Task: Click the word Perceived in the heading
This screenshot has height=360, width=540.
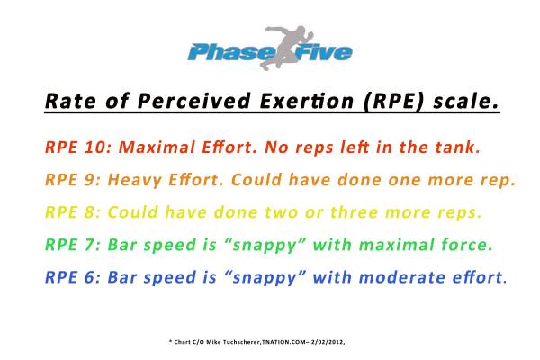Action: (x=193, y=102)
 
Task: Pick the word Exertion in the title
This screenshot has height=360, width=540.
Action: (x=307, y=102)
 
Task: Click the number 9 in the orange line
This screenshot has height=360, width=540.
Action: (x=89, y=180)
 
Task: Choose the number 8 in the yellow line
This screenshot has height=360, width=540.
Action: (x=89, y=212)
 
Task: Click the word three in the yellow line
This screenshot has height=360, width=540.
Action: (x=354, y=212)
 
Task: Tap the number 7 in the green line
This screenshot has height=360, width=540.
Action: (x=89, y=245)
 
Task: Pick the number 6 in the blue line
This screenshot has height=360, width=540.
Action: (x=89, y=277)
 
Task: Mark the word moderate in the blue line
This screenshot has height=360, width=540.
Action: (x=402, y=277)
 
